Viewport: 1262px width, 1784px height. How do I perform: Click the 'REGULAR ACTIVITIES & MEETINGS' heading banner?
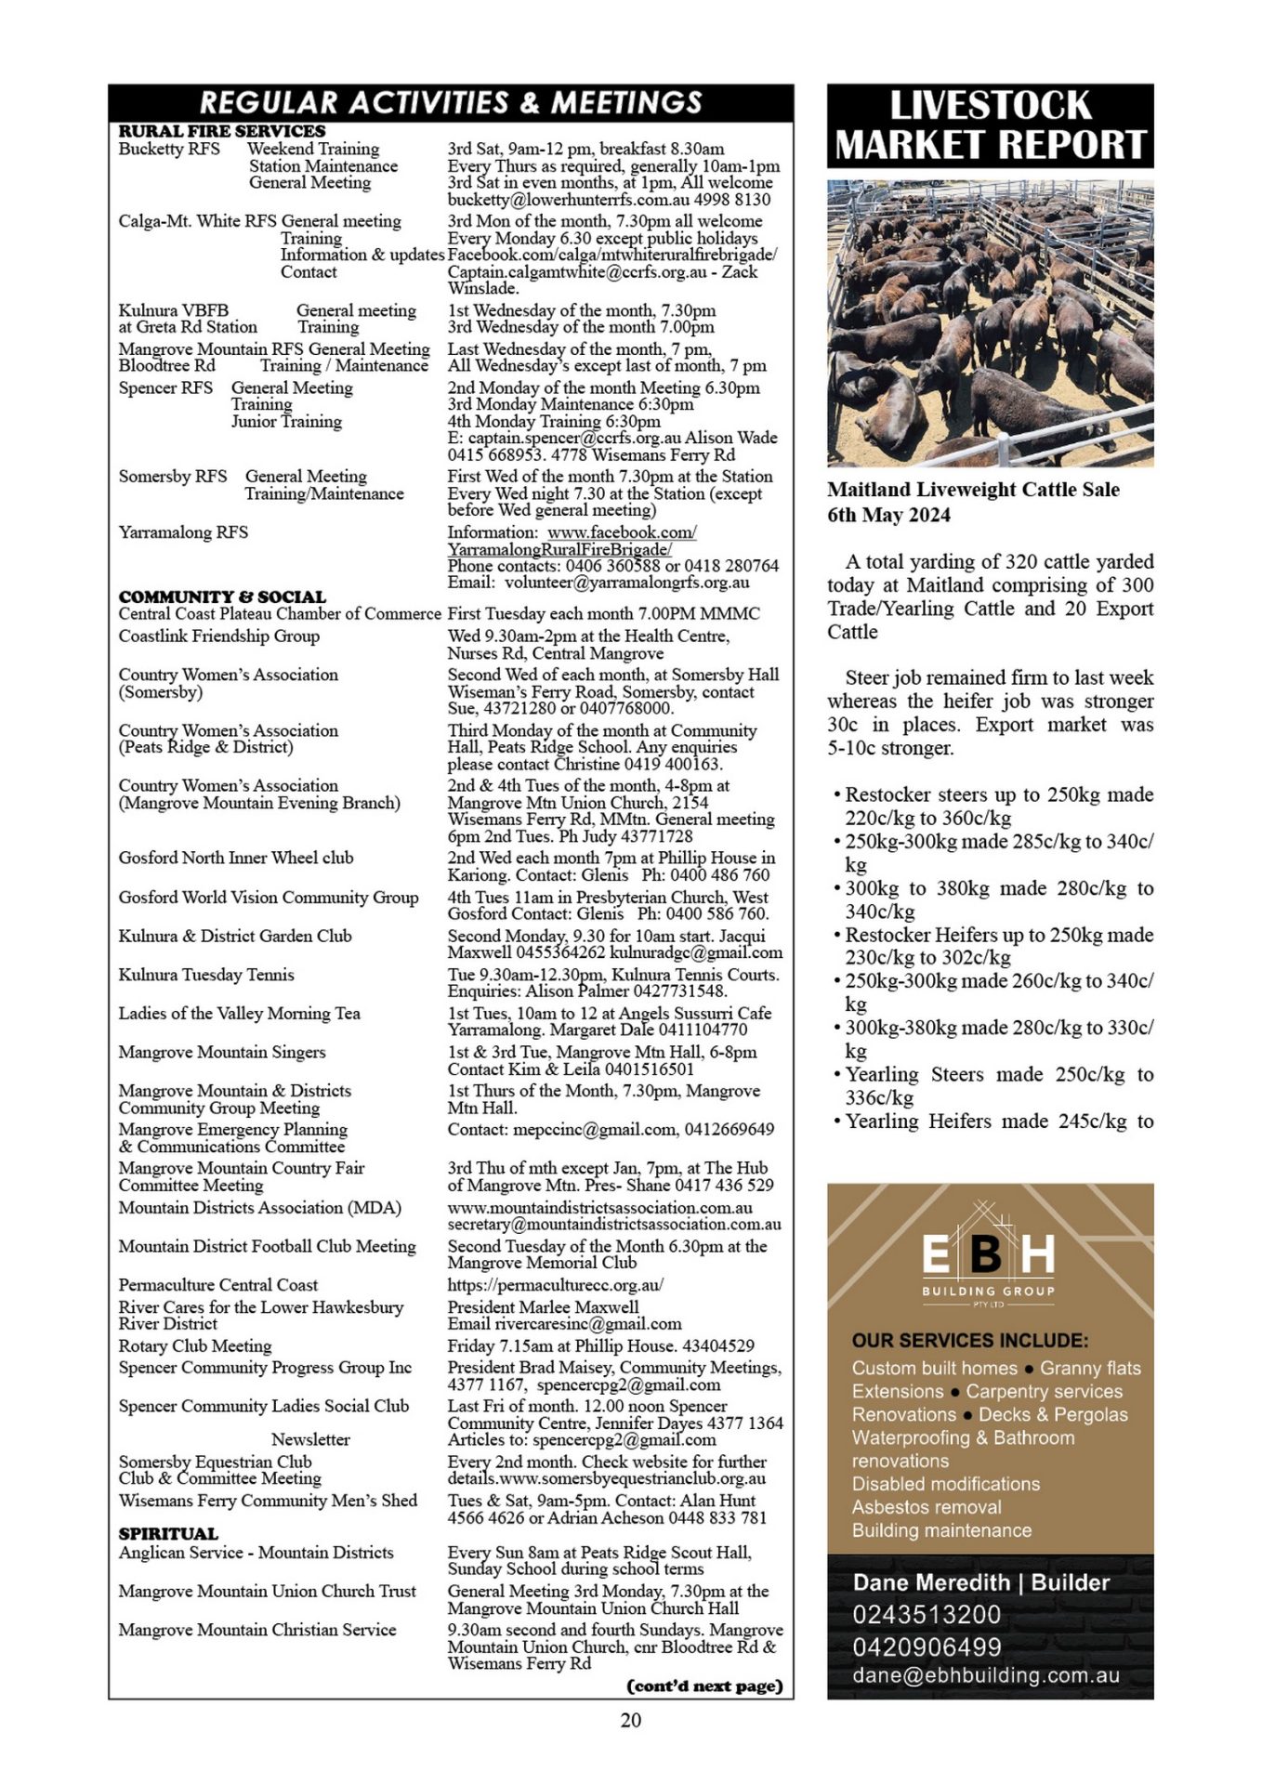(451, 102)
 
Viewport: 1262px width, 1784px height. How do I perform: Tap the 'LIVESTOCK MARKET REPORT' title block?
(990, 125)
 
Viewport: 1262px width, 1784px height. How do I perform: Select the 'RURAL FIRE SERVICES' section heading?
(222, 131)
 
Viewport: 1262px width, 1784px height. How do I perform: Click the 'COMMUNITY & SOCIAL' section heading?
(222, 597)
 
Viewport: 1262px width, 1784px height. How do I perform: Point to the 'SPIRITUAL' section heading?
(168, 1533)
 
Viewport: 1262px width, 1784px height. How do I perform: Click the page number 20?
(630, 1720)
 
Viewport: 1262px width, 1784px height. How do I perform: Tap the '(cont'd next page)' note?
(705, 1685)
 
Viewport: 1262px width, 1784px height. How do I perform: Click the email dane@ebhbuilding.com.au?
(986, 1675)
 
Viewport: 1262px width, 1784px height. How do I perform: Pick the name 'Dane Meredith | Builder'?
(981, 1582)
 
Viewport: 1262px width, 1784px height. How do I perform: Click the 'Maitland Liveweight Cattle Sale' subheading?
(973, 490)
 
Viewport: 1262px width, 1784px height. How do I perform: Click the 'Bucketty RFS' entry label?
(169, 149)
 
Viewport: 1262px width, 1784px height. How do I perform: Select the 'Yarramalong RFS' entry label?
(183, 532)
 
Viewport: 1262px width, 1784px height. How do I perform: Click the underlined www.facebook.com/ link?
(622, 532)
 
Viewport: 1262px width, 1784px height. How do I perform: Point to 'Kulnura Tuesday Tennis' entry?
(206, 975)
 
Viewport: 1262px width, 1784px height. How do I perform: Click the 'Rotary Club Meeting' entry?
(195, 1345)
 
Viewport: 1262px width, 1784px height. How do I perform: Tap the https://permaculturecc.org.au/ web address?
(556, 1285)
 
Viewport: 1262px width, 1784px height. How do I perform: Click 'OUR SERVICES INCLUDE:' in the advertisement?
(970, 1341)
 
